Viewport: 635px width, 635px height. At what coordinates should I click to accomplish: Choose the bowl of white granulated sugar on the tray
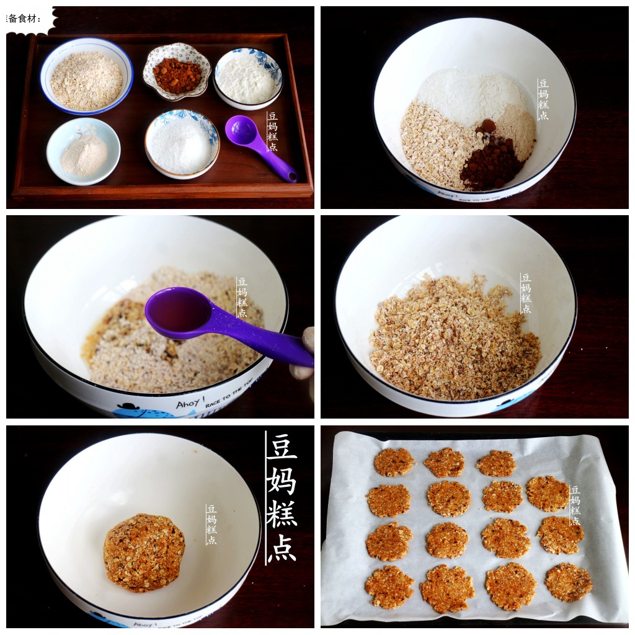182,144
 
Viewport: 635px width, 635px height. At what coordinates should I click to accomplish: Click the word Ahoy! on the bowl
188,404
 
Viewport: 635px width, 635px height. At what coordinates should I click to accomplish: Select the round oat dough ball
144,552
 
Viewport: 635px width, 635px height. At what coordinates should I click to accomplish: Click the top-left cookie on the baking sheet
393,462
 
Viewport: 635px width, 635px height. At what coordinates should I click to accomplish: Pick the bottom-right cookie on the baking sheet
568,582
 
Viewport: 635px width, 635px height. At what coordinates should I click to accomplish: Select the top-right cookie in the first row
496,463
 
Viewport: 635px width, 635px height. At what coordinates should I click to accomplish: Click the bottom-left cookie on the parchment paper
389,586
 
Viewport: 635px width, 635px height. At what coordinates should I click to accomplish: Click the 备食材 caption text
25,19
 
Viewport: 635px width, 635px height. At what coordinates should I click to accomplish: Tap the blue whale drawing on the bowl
140,411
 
